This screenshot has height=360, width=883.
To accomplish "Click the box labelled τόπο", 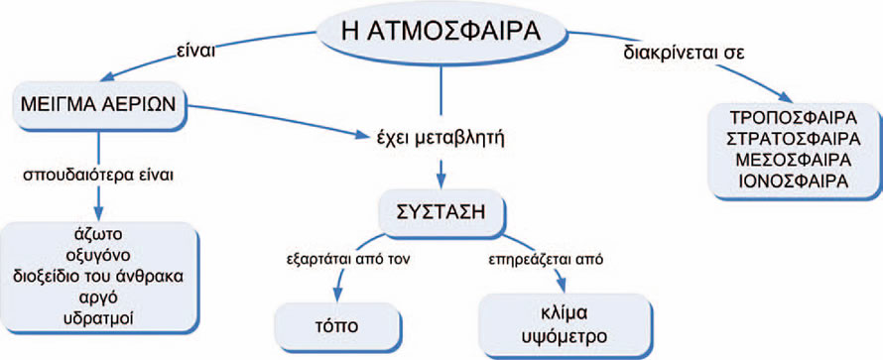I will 335,326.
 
